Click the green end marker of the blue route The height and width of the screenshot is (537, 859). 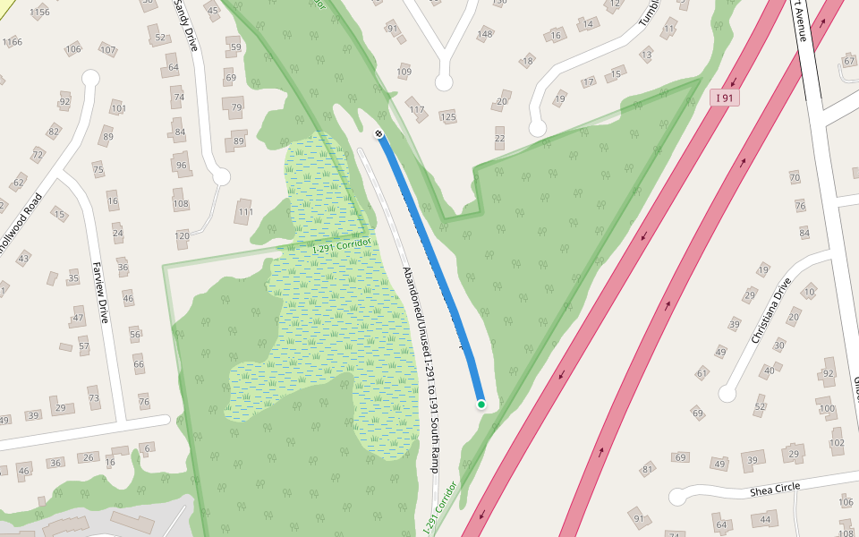pos(481,405)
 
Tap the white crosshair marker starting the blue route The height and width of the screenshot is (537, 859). pos(379,134)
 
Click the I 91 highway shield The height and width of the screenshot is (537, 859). pos(725,97)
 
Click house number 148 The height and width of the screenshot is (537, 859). pos(485,35)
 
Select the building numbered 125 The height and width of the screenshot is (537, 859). pos(448,117)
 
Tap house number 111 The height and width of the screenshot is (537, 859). pos(244,212)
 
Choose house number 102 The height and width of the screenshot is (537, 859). pos(837,442)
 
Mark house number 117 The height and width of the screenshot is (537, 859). pos(417,110)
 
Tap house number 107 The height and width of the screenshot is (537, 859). pos(108,49)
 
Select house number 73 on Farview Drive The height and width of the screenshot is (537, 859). pos(93,397)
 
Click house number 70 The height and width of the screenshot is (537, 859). pos(794,177)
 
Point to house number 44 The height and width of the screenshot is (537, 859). pos(765,520)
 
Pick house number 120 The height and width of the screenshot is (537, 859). pos(183,236)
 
